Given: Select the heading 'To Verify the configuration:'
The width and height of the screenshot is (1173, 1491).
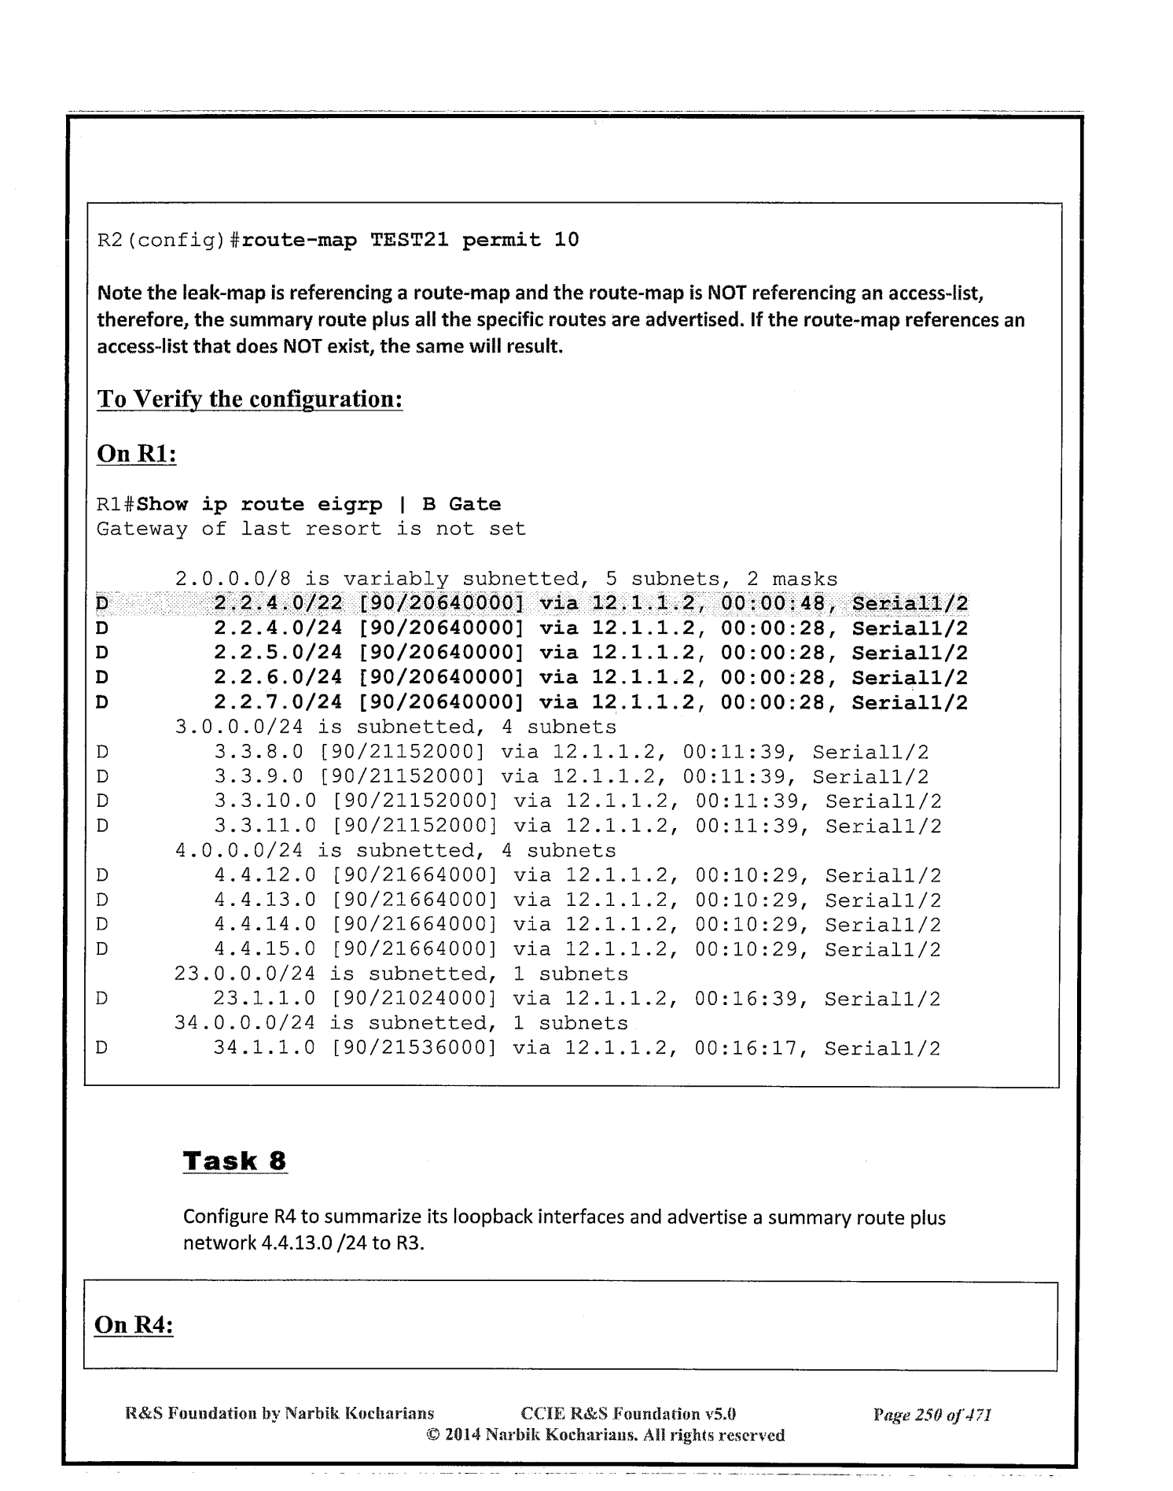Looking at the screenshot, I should pyautogui.click(x=250, y=399).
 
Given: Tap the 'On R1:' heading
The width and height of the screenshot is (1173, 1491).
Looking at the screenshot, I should pyautogui.click(x=136, y=454).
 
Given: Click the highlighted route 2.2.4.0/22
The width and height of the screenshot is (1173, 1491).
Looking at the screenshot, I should pyautogui.click(x=278, y=604).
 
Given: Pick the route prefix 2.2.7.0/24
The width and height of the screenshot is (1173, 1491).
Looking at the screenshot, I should pyautogui.click(x=278, y=702).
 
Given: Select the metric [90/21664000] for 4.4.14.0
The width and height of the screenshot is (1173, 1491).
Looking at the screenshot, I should pyautogui.click(x=414, y=925).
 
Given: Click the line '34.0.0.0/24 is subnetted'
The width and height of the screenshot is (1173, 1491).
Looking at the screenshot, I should pyautogui.click(x=401, y=1023).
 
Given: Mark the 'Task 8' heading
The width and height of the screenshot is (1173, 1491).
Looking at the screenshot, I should pyautogui.click(x=235, y=1161).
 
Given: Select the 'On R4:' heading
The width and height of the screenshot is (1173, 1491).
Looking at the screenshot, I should pyautogui.click(x=134, y=1325).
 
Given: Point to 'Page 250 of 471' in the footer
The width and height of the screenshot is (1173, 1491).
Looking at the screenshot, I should pyautogui.click(x=932, y=1415).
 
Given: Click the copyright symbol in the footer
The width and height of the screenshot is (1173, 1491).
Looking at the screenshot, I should pyautogui.click(x=432, y=1435).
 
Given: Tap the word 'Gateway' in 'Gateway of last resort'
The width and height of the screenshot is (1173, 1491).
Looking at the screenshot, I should pyautogui.click(x=142, y=529).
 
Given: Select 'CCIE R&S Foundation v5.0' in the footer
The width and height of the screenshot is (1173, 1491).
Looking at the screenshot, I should pyautogui.click(x=628, y=1415).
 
